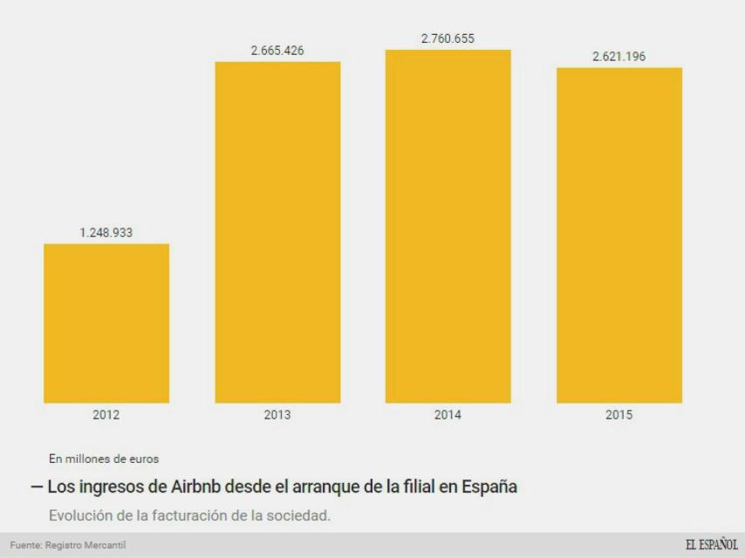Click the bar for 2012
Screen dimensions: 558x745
[106, 323]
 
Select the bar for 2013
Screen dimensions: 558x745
[277, 233]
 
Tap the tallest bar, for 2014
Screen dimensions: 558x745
[448, 227]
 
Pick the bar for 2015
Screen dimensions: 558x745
[619, 235]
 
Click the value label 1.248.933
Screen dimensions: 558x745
[106, 233]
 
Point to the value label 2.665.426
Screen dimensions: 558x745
[277, 51]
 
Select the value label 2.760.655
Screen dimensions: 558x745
[448, 39]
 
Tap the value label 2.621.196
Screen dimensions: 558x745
[619, 57]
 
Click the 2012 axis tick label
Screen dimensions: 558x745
[106, 415]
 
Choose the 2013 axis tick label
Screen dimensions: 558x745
[277, 415]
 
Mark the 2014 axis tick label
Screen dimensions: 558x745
[448, 415]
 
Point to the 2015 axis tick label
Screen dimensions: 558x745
[619, 415]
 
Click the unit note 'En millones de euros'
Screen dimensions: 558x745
[104, 459]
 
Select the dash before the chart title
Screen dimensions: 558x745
[37, 487]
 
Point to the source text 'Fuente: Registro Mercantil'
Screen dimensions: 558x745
[68, 546]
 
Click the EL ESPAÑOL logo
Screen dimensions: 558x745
[711, 546]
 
